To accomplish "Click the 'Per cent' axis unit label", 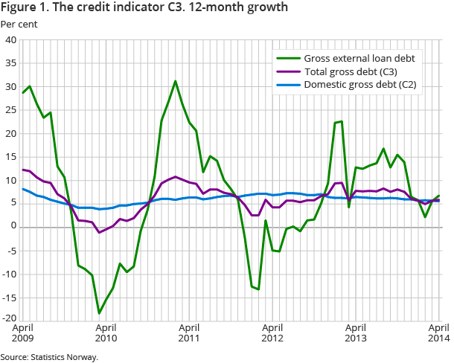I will click(18, 24).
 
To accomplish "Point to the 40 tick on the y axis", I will click(11, 40).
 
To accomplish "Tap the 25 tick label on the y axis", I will click(11, 110).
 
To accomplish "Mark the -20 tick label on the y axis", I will click(10, 319).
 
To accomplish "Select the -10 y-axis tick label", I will click(10, 274).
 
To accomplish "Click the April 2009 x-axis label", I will click(22, 333).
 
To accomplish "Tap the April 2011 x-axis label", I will click(189, 333).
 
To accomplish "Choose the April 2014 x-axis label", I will click(439, 333).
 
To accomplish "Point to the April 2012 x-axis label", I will click(272, 333).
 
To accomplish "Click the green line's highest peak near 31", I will click(175, 81).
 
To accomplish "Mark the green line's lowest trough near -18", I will click(99, 313).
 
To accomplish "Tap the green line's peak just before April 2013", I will click(342, 121).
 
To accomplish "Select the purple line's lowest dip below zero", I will click(99, 233).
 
